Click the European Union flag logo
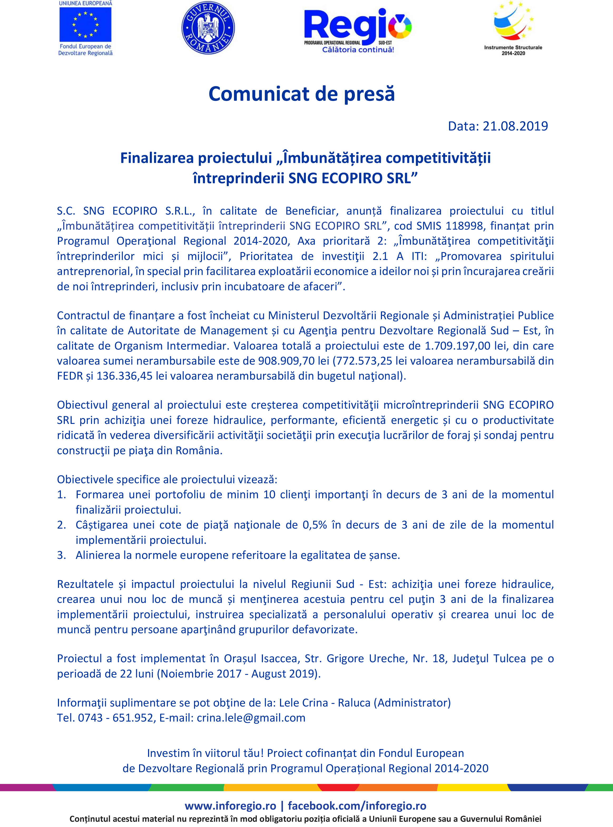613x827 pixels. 85,25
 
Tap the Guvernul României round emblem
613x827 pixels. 208,28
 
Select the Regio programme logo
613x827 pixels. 358,30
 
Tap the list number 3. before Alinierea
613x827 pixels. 62,555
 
